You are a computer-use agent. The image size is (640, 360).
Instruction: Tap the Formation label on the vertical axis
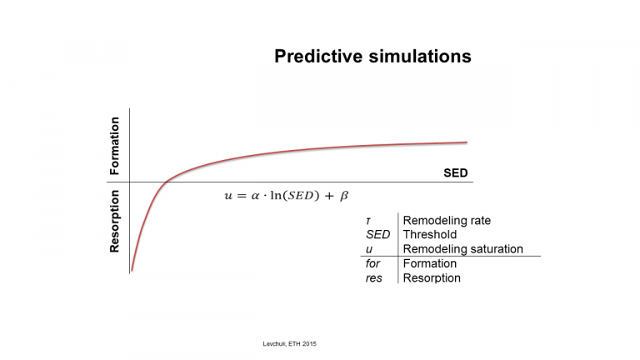[115, 146]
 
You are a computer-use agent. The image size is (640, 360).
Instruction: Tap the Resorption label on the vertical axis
[115, 221]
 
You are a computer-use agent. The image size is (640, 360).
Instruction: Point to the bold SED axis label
[456, 173]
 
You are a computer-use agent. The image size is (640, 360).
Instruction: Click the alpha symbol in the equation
[256, 196]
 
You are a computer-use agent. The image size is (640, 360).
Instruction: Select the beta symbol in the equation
[344, 196]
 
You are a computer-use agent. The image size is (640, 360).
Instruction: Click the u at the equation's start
[228, 196]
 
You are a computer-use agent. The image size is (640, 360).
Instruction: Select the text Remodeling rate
[447, 220]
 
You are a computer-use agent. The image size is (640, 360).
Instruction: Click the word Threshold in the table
[430, 235]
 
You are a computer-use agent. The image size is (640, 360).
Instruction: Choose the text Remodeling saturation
[462, 249]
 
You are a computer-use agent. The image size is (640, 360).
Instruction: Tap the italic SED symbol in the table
[378, 235]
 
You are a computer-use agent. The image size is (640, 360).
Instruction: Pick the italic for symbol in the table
[372, 263]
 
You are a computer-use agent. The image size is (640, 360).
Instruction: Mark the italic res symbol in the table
[374, 278]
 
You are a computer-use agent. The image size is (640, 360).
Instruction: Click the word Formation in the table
[430, 263]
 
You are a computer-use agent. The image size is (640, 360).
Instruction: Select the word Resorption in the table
[432, 278]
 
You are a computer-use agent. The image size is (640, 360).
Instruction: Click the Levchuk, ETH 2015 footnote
[289, 344]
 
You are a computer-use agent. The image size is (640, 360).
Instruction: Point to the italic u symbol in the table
[369, 249]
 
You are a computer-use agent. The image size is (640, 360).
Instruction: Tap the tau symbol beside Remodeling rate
[368, 221]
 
